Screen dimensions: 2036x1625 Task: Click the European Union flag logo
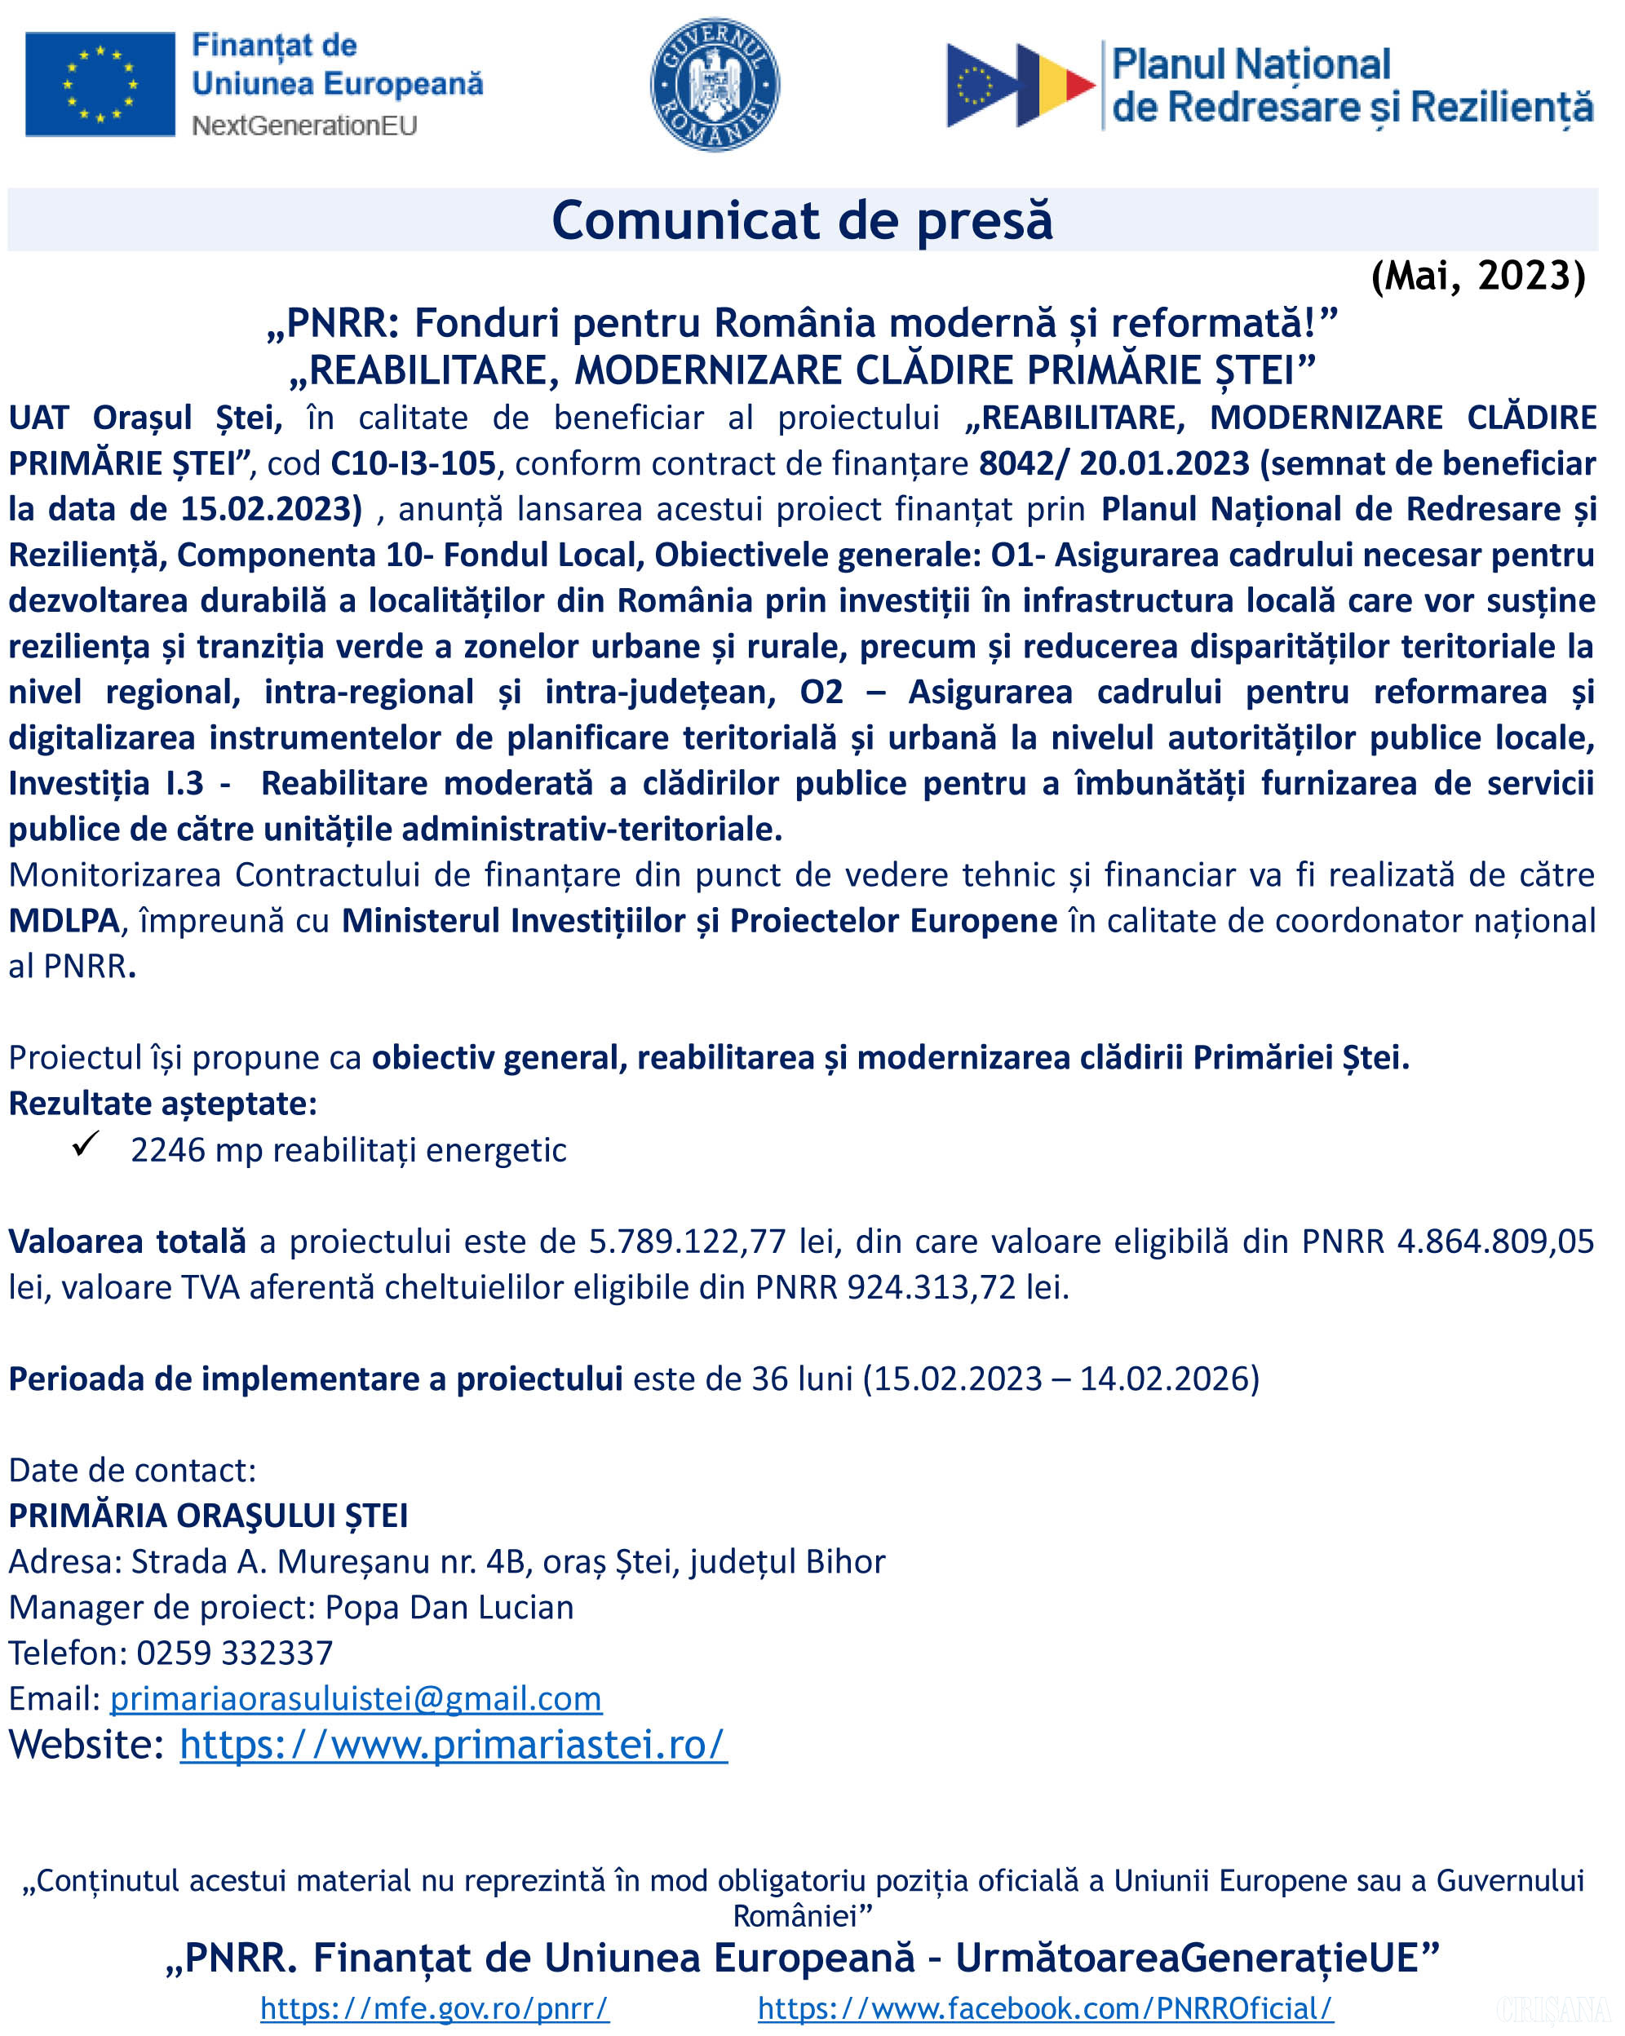100,84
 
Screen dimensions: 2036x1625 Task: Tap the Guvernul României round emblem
715,84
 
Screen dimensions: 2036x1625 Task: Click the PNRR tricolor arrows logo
1020,85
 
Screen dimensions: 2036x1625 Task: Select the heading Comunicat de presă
802,220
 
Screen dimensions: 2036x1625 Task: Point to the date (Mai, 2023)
1477,276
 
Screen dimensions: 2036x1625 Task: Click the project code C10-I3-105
413,463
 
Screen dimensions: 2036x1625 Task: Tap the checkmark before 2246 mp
86,1144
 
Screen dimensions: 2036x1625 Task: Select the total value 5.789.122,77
688,1241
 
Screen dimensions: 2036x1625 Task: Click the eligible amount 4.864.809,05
1494,1241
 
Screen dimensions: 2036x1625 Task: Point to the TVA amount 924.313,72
931,1287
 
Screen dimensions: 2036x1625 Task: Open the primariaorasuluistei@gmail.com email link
356,1699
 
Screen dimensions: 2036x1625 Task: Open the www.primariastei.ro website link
454,1745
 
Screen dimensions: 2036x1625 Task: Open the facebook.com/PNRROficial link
1045,2007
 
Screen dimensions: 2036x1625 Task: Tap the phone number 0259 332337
234,1653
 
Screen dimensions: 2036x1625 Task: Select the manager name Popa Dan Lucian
449,1607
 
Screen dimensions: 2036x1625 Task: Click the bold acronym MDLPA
64,921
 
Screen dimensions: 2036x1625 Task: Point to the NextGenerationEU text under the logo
304,126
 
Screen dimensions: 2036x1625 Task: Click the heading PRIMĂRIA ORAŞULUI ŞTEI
209,1516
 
